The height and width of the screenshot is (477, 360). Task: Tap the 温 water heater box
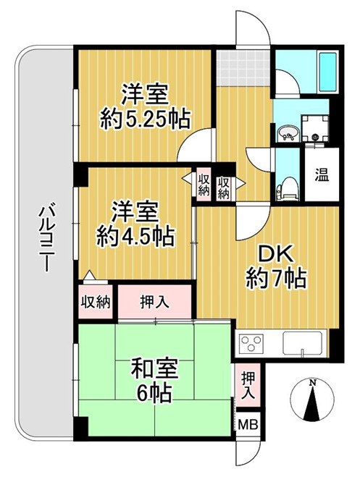pyautogui.click(x=318, y=174)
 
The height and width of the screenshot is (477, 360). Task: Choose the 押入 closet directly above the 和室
pyautogui.click(x=154, y=300)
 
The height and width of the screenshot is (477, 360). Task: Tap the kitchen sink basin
pyautogui.click(x=303, y=340)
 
